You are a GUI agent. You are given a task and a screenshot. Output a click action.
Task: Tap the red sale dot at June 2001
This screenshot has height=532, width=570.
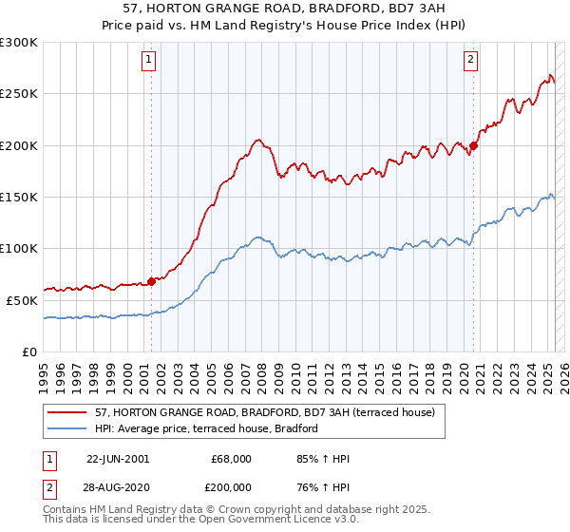pos(151,281)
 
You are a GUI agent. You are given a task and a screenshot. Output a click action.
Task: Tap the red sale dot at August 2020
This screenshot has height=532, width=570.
pos(474,145)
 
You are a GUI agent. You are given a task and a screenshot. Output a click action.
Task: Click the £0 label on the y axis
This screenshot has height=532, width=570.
pos(29,351)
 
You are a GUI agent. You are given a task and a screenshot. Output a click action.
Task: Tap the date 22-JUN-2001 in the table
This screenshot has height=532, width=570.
pos(118,459)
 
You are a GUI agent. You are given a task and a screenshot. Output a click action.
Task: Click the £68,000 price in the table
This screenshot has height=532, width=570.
pos(231,459)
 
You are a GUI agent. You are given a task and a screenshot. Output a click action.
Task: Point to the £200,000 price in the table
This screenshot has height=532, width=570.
pos(231,487)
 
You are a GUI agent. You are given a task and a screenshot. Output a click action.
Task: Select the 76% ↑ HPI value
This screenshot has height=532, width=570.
pos(323,487)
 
